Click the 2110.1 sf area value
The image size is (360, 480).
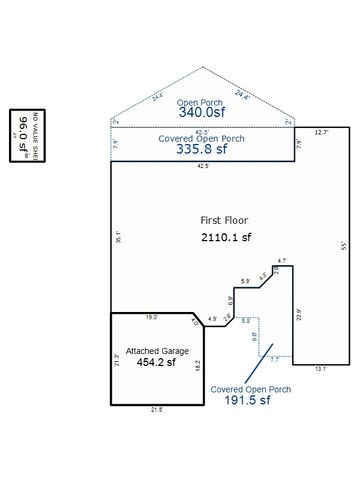pos(225,238)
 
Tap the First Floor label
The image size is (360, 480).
pos(225,219)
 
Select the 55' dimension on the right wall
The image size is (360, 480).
pos(342,245)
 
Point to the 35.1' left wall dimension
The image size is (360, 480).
pos(118,238)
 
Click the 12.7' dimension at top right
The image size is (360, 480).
pos(321,132)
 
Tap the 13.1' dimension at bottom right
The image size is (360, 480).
pos(321,369)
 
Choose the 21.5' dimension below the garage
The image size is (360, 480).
pos(156,409)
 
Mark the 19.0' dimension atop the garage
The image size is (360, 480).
pos(150,317)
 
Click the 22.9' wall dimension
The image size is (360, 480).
pos(299,317)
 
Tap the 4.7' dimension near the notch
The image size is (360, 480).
pos(283,261)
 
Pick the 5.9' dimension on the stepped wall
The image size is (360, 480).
pos(245,281)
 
